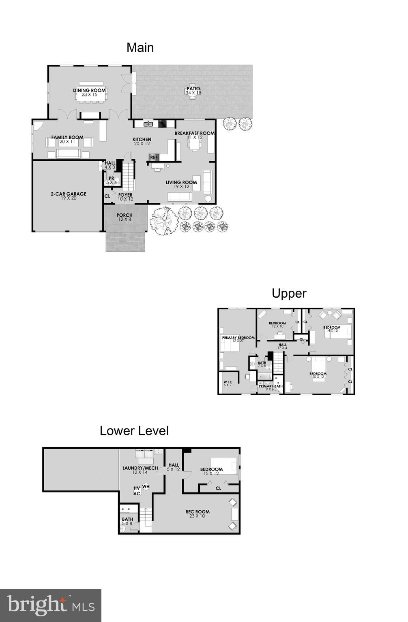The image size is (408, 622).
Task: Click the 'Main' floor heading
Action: point(140,48)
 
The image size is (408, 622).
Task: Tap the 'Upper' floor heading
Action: point(289,293)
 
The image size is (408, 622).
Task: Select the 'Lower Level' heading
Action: point(134,431)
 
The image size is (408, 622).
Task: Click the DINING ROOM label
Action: point(89,91)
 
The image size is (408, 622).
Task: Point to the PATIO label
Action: point(193,89)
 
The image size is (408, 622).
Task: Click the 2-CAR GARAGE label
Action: point(68,194)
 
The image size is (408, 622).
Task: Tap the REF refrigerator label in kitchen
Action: point(154,158)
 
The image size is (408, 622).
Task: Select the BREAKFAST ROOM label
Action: point(194,133)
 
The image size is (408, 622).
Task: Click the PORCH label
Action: point(125,215)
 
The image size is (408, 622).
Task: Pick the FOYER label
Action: point(125,195)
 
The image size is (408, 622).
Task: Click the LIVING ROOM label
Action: point(181,183)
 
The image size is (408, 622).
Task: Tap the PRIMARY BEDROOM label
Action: point(238,338)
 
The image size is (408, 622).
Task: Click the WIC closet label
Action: point(228,382)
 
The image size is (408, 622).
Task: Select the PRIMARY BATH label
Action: point(271,386)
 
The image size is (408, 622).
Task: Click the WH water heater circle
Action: point(146,486)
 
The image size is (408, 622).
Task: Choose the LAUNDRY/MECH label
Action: point(140,468)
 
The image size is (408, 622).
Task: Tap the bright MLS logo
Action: point(51,605)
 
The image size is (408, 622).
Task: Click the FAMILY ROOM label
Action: point(67,138)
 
